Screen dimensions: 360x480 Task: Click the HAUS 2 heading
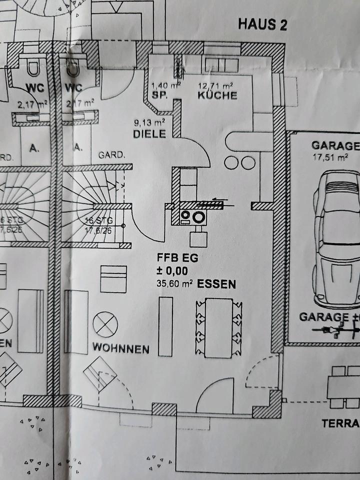pyautogui.click(x=262, y=24)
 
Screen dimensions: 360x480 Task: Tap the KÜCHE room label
pyautogui.click(x=217, y=95)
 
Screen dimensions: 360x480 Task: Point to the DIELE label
pyautogui.click(x=149, y=134)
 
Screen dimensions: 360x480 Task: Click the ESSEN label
pyautogui.click(x=216, y=284)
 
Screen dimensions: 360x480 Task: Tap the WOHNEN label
pyautogui.click(x=120, y=348)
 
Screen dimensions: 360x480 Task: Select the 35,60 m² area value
pyautogui.click(x=174, y=284)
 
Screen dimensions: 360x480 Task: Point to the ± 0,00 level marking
pyautogui.click(x=172, y=271)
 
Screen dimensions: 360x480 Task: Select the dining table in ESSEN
pyautogui.click(x=218, y=327)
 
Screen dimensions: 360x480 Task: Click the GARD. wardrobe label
pyautogui.click(x=111, y=155)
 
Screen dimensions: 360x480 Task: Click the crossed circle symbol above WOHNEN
pyautogui.click(x=105, y=324)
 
